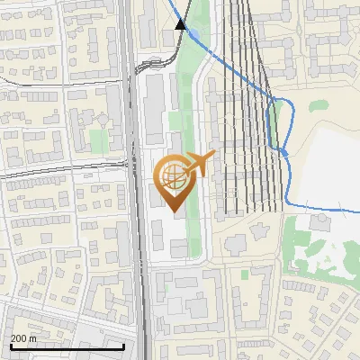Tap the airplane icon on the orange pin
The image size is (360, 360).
coord(199,163)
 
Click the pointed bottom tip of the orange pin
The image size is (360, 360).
coord(174,211)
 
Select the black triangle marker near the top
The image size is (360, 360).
coord(181,24)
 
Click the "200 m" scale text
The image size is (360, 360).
coord(23,338)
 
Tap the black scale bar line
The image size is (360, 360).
coord(67,346)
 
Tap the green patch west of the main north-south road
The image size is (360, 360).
coord(98,140)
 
